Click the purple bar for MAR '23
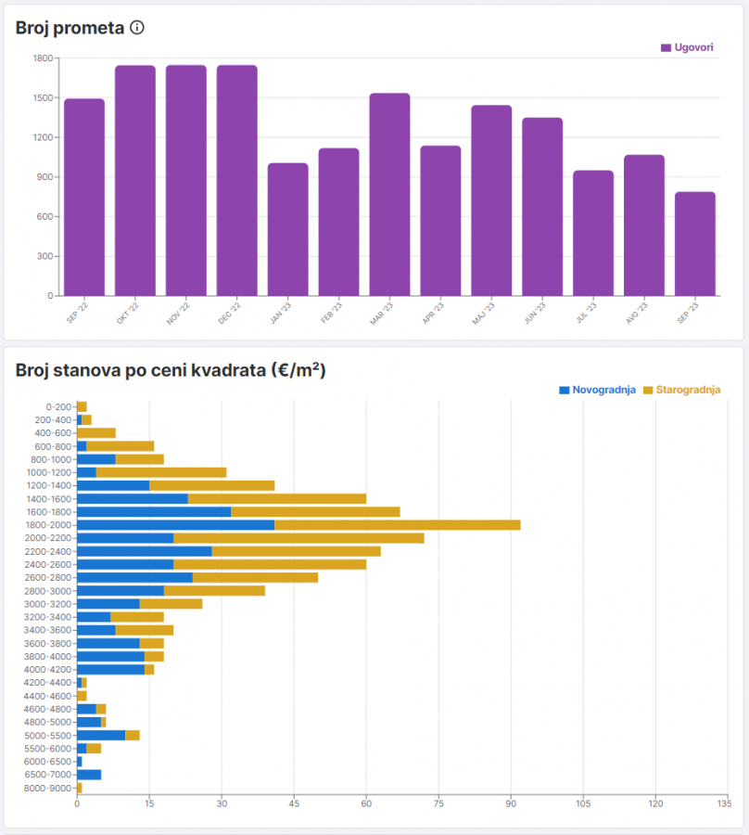tap(389, 195)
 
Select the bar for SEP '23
tap(694, 244)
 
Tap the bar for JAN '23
tap(287, 230)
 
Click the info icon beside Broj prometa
tap(137, 28)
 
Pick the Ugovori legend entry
tap(687, 47)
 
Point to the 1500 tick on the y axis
tap(44, 97)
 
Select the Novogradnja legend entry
tap(597, 390)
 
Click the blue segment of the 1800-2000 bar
tap(175, 525)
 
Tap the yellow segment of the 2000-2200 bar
tap(298, 538)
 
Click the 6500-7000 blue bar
tap(89, 775)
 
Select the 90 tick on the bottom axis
tap(511, 803)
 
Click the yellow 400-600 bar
tap(96, 433)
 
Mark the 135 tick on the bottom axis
tap(728, 803)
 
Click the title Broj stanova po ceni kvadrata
tap(171, 371)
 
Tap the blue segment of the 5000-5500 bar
tap(101, 736)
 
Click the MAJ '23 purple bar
tap(491, 200)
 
